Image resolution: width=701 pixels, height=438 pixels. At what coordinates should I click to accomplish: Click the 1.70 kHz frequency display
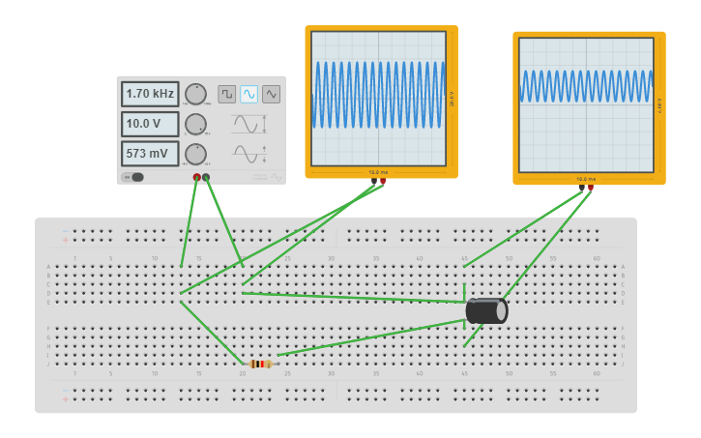click(x=150, y=94)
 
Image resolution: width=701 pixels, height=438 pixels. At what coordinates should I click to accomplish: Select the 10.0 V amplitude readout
click(x=150, y=124)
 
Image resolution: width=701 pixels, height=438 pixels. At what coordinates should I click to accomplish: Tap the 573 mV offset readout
click(x=150, y=154)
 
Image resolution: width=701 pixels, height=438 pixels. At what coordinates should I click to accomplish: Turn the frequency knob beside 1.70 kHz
click(x=195, y=94)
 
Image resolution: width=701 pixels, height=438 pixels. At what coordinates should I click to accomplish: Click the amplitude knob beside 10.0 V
click(x=195, y=124)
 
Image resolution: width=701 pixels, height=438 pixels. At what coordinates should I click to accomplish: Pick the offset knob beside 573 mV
click(x=195, y=154)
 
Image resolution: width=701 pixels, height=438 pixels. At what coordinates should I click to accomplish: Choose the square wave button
click(x=226, y=94)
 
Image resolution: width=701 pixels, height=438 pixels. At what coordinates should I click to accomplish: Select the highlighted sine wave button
click(x=249, y=94)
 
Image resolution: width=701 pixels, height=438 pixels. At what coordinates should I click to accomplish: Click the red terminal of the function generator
click(x=197, y=177)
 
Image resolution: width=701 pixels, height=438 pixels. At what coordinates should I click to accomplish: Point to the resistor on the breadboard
click(x=260, y=364)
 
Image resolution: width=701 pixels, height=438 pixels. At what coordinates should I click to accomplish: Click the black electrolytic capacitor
click(x=486, y=310)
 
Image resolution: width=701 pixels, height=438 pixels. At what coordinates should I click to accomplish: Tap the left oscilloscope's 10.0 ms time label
click(x=377, y=172)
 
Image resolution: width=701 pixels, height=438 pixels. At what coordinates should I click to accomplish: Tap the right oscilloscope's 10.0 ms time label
click(x=585, y=179)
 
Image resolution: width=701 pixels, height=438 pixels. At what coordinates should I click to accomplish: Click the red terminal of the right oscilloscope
click(x=591, y=189)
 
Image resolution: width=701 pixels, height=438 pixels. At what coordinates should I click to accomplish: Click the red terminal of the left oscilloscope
click(x=383, y=181)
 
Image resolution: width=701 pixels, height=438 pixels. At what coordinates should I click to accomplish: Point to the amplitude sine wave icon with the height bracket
click(x=248, y=124)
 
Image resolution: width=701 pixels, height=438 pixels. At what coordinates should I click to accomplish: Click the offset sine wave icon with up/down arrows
click(x=248, y=154)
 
